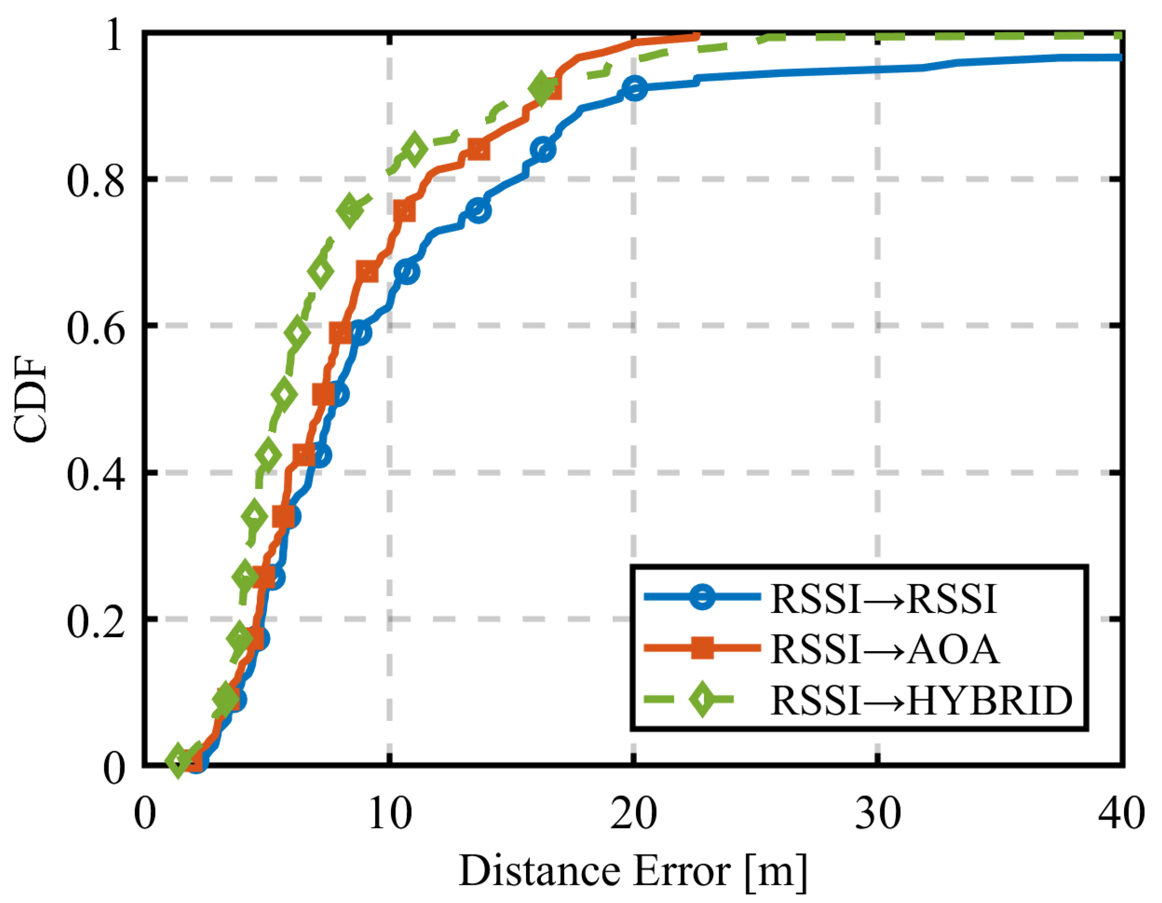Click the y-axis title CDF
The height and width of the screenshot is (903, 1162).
pyautogui.click(x=30, y=399)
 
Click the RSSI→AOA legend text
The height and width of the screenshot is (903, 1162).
pyautogui.click(x=884, y=650)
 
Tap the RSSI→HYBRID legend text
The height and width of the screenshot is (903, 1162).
pyautogui.click(x=921, y=700)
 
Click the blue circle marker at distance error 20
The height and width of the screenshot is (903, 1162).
pyautogui.click(x=634, y=88)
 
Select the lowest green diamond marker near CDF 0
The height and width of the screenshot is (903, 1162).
pyautogui.click(x=178, y=760)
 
